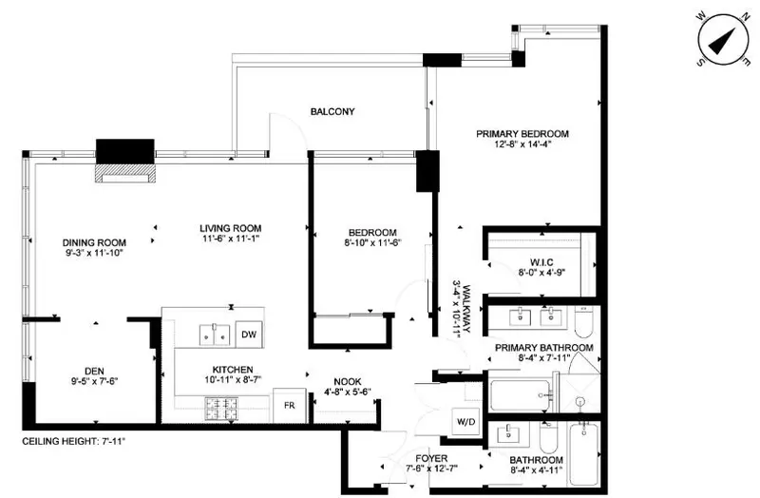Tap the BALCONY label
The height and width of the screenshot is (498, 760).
coord(332,111)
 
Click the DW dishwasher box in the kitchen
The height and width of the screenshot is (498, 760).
coord(247,334)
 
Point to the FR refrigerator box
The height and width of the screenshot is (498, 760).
coord(287,405)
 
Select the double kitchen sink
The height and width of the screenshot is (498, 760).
coord(214,334)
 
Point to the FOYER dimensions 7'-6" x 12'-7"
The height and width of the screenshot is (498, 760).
coord(407,467)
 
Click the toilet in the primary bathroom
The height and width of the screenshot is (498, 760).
coord(583,327)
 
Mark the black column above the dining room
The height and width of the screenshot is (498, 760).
coord(125,151)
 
